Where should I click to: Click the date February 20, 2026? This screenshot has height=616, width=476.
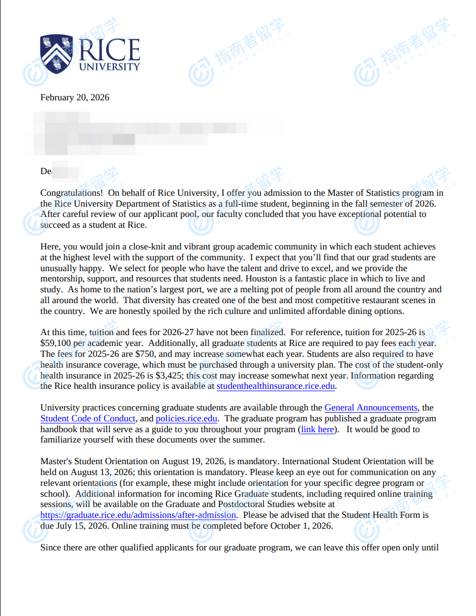(x=75, y=98)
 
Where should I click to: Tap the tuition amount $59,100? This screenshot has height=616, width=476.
(x=57, y=343)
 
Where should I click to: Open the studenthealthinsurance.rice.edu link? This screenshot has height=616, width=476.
(x=276, y=386)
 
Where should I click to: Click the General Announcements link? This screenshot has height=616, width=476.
(x=371, y=408)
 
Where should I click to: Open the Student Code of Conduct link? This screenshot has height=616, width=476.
(x=88, y=419)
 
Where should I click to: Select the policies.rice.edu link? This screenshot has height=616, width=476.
(x=186, y=419)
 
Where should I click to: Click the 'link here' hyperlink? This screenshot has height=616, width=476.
(x=318, y=429)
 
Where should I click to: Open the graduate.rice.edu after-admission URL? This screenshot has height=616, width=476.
(x=141, y=515)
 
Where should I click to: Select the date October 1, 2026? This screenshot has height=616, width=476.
(x=301, y=526)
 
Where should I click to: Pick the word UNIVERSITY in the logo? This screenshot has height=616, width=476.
(x=110, y=67)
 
